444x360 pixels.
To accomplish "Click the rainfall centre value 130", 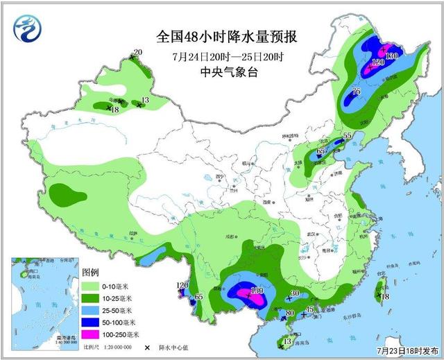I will (391, 55).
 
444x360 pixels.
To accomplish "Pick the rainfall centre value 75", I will (356, 92).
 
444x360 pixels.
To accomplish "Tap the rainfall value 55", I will (348, 136).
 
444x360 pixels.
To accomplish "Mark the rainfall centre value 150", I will (257, 290).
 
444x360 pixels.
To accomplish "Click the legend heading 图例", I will (91, 271).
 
